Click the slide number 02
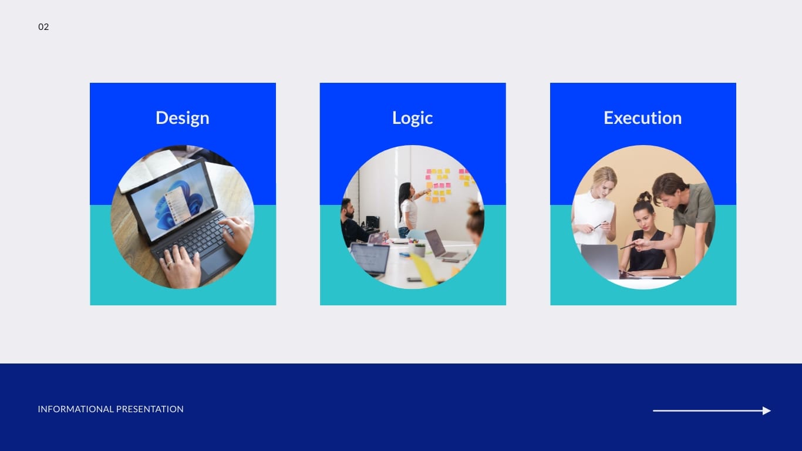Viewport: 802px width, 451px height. pos(43,27)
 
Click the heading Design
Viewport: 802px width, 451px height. pos(182,117)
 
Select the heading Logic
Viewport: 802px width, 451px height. pos(412,117)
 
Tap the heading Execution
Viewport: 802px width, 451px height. pos(642,117)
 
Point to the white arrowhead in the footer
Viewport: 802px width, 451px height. pos(766,411)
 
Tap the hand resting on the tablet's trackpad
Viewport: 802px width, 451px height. pos(180,267)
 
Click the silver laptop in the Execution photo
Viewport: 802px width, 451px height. pos(600,261)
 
